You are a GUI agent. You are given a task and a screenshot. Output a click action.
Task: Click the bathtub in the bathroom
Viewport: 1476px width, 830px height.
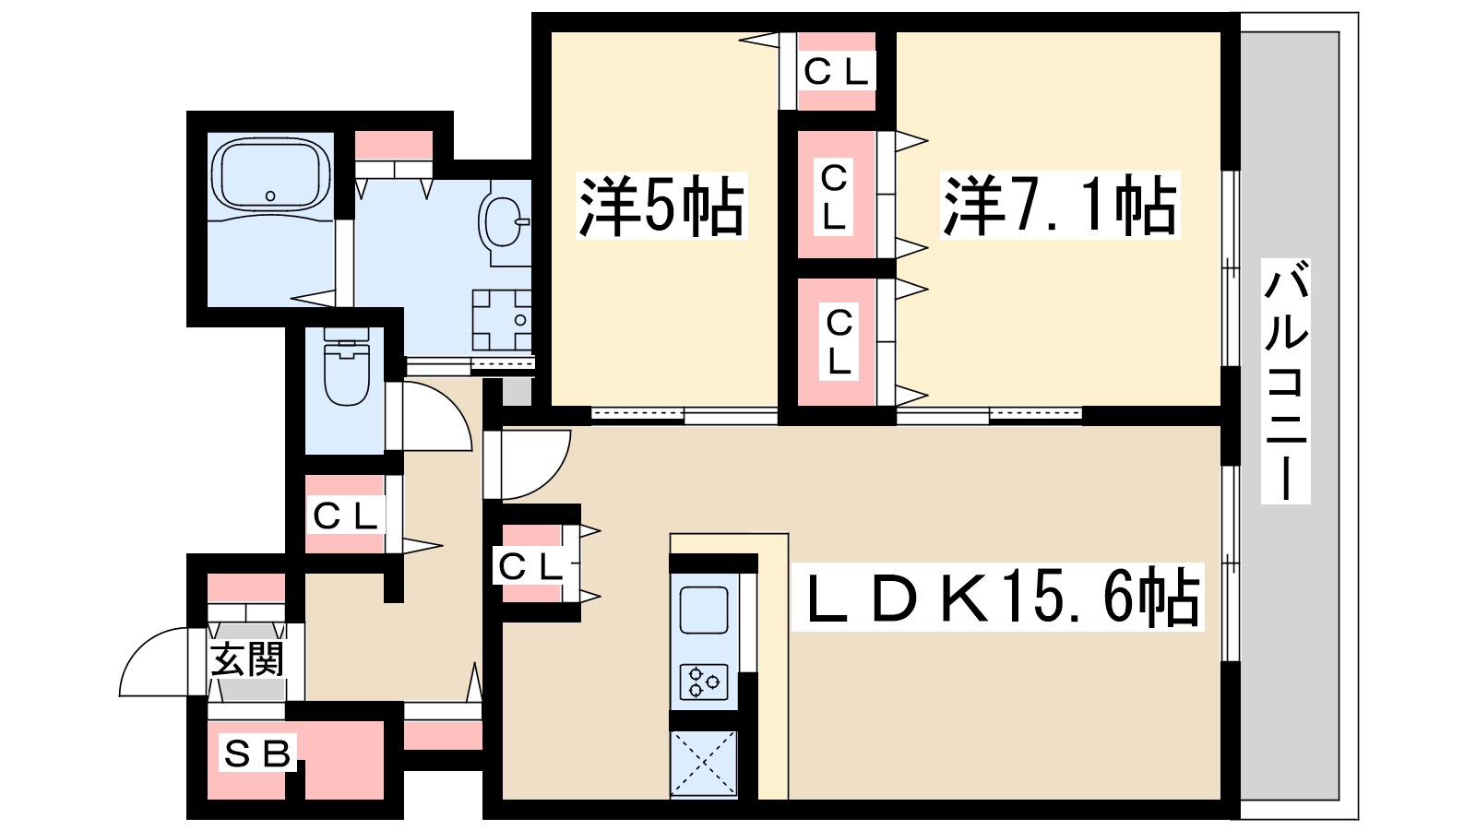click(x=270, y=175)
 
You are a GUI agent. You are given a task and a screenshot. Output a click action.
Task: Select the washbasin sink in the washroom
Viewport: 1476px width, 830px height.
click(x=502, y=219)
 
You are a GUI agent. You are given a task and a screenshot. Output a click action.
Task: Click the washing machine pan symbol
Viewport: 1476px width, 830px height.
click(x=502, y=320)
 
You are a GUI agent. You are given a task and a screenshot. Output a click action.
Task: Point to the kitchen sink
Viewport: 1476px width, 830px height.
click(x=703, y=610)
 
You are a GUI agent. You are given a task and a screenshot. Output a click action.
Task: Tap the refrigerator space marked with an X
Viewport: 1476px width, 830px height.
click(x=703, y=763)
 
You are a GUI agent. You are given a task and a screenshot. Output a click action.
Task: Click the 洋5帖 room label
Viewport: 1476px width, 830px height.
click(x=661, y=206)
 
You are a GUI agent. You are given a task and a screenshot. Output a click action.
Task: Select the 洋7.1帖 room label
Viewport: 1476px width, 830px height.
click(x=1059, y=206)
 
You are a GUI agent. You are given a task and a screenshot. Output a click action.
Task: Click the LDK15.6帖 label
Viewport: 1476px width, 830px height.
click(x=999, y=598)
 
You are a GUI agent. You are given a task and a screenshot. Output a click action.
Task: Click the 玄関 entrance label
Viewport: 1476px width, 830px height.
click(x=246, y=660)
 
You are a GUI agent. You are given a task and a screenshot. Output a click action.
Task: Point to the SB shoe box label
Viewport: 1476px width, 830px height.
click(x=257, y=753)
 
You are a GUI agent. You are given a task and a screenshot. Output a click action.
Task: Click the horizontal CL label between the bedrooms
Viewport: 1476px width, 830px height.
click(x=836, y=72)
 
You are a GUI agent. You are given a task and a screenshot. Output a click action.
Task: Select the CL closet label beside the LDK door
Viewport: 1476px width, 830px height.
click(x=530, y=566)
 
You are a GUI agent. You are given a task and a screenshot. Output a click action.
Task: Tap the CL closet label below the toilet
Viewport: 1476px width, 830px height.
click(x=345, y=516)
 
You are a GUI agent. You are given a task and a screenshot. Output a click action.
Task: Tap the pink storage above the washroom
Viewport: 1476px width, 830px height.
click(x=394, y=146)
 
